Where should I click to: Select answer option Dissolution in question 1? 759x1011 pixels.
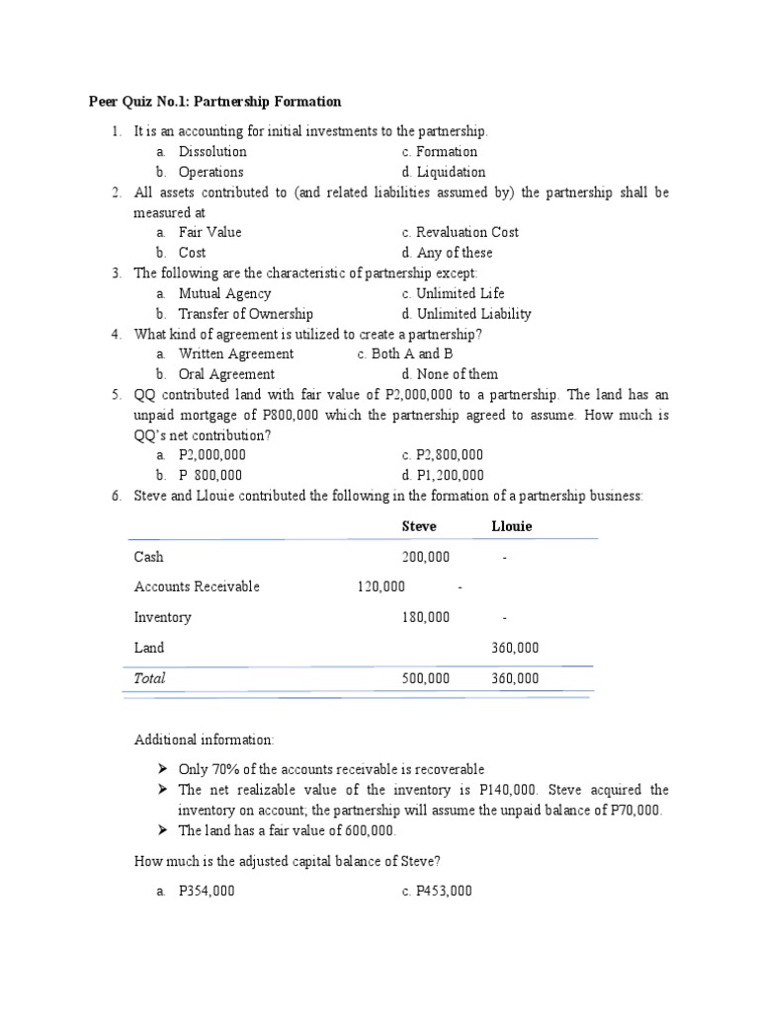click(211, 151)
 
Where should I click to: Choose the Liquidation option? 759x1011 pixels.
click(451, 172)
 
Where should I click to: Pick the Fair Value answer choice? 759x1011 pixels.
click(210, 232)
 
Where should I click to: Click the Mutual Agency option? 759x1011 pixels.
click(224, 293)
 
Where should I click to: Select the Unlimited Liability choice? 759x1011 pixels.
click(473, 314)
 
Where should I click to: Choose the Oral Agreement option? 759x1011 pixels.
click(226, 374)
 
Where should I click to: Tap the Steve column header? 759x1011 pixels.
click(419, 526)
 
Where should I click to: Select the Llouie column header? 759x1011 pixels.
click(512, 526)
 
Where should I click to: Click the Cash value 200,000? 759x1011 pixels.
click(426, 557)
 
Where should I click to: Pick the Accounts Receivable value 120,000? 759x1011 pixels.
click(380, 586)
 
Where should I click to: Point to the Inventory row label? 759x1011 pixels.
click(163, 617)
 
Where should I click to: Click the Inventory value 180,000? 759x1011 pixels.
click(426, 617)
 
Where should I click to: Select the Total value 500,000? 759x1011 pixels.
click(426, 678)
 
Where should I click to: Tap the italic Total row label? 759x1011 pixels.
click(150, 678)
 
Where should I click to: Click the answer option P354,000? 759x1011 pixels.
click(206, 891)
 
